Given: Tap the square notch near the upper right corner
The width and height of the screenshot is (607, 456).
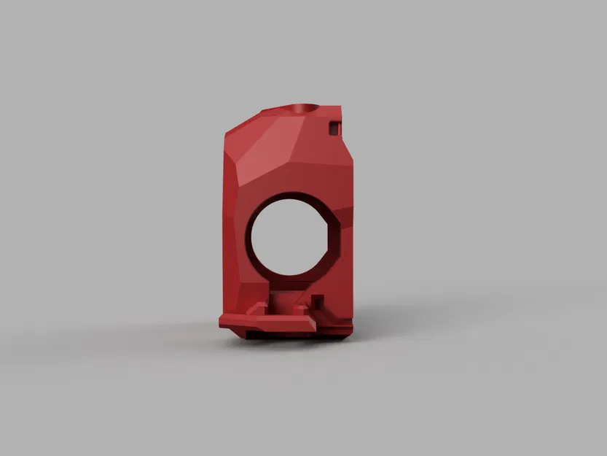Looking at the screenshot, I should pos(334,127).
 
